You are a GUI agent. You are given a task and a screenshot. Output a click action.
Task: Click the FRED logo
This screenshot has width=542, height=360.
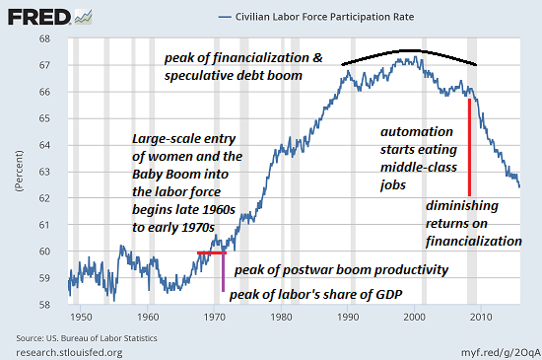[37, 17]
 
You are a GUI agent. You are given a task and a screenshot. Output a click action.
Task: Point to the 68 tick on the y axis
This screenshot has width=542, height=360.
[54, 40]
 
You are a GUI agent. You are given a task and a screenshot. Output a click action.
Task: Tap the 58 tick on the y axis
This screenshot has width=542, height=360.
[54, 304]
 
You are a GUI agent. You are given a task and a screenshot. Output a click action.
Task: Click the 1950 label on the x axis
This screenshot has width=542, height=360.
[81, 317]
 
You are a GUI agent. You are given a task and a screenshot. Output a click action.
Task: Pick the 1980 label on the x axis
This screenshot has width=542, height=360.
[281, 317]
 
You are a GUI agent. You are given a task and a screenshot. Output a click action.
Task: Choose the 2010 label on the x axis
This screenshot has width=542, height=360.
[482, 317]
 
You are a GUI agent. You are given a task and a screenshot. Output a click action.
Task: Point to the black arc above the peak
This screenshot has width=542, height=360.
[409, 52]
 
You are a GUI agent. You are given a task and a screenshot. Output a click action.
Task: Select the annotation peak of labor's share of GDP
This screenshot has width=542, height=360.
[316, 294]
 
